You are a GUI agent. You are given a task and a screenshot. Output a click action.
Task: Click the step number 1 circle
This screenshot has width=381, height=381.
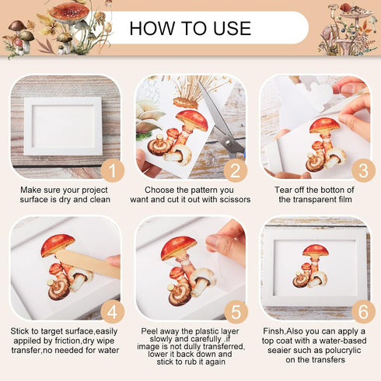point(113,171)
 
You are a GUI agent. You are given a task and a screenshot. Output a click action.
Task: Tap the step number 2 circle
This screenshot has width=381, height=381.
point(236,171)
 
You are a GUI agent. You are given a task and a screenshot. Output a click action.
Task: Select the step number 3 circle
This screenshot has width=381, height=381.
point(363,171)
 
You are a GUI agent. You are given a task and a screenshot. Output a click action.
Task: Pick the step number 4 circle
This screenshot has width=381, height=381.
point(113,312)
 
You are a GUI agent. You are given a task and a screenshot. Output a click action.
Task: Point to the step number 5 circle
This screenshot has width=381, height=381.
point(236,312)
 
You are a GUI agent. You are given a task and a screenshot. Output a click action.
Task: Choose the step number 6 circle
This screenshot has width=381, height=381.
point(363,312)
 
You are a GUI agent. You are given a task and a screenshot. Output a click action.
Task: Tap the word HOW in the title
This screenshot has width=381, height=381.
point(152,28)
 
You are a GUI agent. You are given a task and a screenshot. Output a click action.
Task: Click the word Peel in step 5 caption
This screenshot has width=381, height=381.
point(149,331)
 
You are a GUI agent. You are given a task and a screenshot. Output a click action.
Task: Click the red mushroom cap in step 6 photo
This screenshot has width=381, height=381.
point(316,250)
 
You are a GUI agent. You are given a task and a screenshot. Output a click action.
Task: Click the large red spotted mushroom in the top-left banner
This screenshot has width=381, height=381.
point(69,13)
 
